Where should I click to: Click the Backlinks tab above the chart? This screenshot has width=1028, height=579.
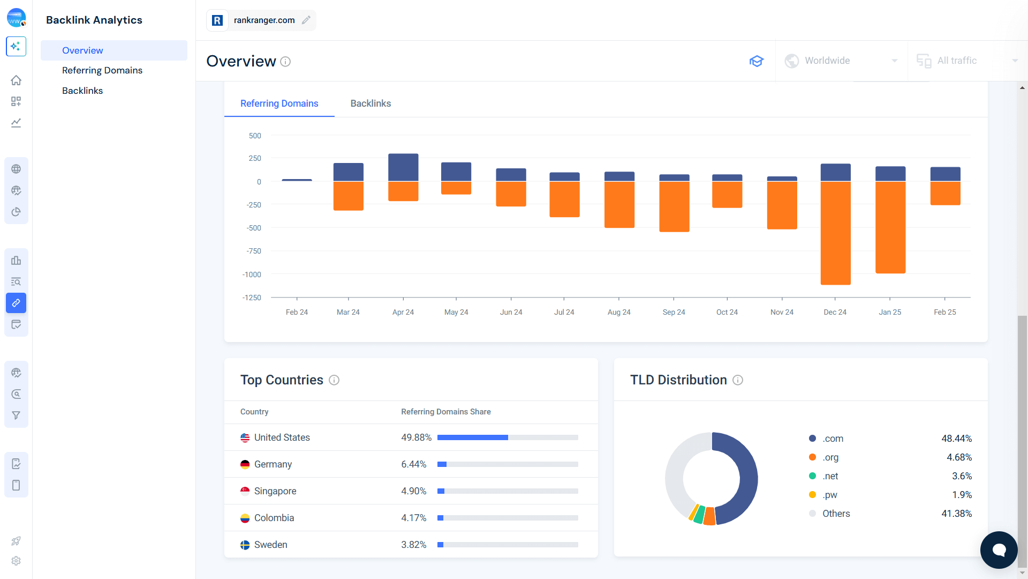click(x=371, y=103)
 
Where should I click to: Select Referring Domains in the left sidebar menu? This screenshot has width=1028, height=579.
click(x=102, y=70)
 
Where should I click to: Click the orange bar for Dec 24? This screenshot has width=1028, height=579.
click(x=835, y=233)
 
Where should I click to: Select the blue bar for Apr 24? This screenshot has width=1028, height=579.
click(x=403, y=167)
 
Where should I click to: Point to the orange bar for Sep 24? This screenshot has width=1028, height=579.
click(x=674, y=206)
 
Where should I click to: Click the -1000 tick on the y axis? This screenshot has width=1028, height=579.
click(x=252, y=274)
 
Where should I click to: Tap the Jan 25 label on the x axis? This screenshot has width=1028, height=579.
click(x=889, y=312)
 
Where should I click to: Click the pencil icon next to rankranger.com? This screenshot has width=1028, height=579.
click(x=306, y=20)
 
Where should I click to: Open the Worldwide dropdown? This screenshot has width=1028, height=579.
click(x=841, y=61)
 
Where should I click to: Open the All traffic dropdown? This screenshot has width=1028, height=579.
click(x=966, y=61)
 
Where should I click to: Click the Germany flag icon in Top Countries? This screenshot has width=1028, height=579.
click(x=245, y=464)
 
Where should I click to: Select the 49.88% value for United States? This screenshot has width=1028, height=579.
click(x=416, y=437)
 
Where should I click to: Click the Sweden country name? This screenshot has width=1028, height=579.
click(x=270, y=545)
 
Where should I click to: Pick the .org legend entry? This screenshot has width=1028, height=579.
click(x=830, y=457)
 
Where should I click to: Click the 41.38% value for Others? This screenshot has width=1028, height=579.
click(x=956, y=514)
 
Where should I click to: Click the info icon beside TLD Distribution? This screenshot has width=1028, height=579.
click(x=738, y=380)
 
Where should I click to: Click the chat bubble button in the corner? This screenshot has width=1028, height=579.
click(x=999, y=550)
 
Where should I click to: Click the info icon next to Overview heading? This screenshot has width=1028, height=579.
click(x=285, y=62)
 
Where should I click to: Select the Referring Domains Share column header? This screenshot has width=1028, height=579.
click(x=445, y=412)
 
